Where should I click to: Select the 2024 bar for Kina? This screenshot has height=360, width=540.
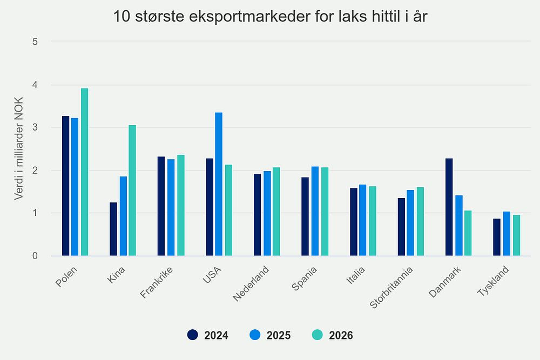[113, 229]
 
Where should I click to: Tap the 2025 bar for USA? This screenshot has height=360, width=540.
[219, 184]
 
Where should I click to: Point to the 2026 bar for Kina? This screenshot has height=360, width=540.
[132, 191]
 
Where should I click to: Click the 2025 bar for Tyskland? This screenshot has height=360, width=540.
[507, 234]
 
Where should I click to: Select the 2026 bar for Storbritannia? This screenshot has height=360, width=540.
[421, 221]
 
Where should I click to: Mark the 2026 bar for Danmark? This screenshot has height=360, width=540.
[468, 233]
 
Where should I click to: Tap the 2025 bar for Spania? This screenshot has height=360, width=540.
[315, 211]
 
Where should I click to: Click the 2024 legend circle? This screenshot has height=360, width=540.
[193, 335]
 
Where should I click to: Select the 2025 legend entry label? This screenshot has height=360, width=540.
[279, 336]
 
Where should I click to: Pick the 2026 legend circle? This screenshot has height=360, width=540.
[318, 335]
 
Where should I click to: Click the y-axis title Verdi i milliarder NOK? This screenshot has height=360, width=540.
[19, 148]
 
